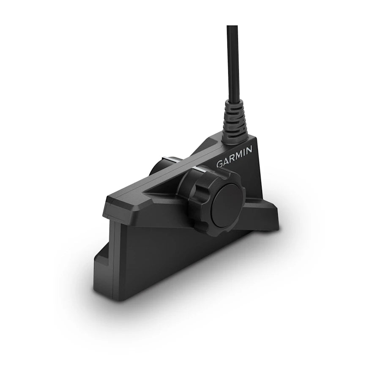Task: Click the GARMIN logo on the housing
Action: point(235,156)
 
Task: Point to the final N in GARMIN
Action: point(249,149)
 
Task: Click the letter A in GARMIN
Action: point(226,161)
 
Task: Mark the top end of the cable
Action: point(232,27)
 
